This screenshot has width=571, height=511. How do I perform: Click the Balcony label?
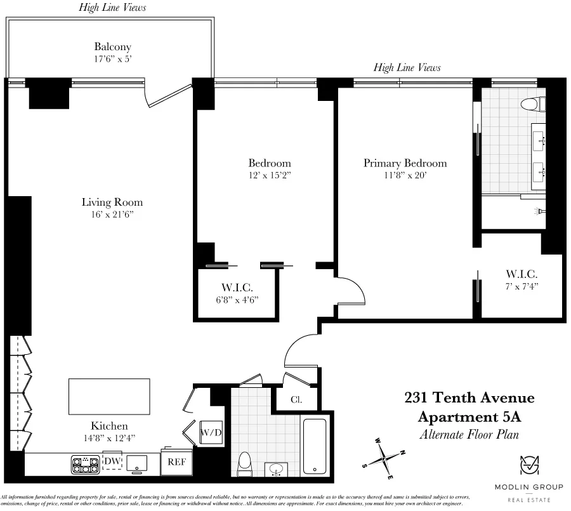(112, 47)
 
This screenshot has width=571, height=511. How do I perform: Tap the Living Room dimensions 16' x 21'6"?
(112, 215)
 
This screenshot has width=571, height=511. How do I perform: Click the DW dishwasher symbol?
(112, 461)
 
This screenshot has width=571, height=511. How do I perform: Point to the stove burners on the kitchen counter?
(82, 465)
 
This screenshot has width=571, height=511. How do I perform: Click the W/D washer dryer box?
(210, 433)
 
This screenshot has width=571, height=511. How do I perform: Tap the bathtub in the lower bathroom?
(315, 446)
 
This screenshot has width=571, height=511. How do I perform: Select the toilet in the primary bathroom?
(528, 104)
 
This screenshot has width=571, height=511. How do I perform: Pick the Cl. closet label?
(296, 400)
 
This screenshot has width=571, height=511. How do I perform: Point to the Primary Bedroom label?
(405, 163)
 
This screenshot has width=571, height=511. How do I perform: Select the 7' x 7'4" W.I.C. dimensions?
(522, 287)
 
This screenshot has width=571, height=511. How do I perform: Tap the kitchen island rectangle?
(109, 396)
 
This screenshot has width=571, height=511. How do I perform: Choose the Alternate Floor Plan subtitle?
(469, 435)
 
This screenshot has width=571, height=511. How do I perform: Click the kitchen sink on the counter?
(137, 463)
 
